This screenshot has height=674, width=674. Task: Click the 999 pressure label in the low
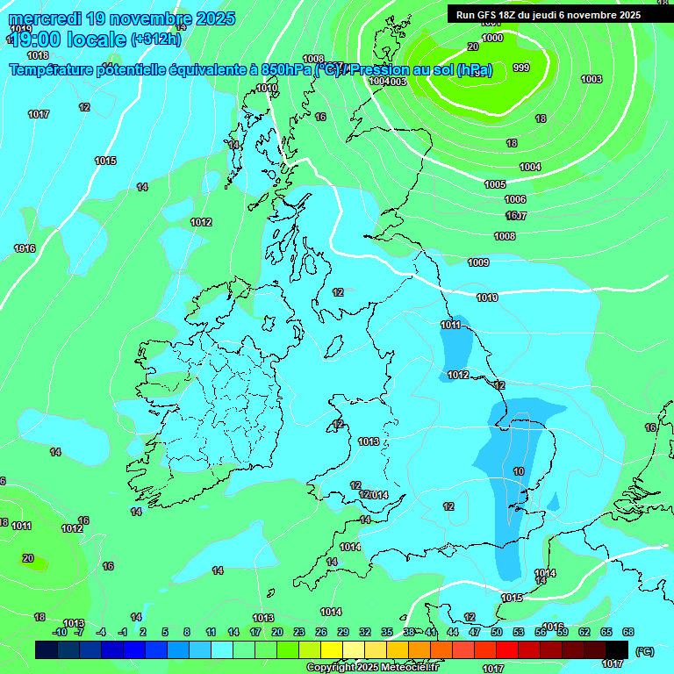coord(521,68)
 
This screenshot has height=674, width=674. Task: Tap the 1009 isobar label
coord(478,262)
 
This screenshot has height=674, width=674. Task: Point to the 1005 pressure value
coord(495,184)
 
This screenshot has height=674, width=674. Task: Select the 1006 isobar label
coord(515,199)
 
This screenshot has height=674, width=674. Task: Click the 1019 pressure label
coord(21,29)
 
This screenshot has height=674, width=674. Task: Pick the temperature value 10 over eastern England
coord(519,471)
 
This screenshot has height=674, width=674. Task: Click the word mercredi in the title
coord(46,18)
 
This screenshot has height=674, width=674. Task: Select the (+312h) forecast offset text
coord(155,39)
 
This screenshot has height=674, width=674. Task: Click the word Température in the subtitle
coord(55,70)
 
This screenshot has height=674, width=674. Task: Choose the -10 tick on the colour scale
coord(60,632)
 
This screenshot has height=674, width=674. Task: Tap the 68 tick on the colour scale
coord(628,632)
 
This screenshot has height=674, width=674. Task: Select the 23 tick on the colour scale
coord(299,632)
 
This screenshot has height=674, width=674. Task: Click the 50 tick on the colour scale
coord(497,632)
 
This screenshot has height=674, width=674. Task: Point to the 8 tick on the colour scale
coord(187,632)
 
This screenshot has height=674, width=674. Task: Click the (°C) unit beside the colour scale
coord(644,651)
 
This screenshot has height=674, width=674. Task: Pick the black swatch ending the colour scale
coord(617,649)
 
